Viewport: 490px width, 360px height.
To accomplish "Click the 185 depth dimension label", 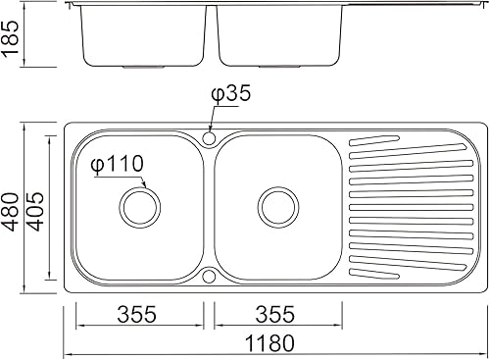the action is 11,38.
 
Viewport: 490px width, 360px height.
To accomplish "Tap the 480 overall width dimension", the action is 11,212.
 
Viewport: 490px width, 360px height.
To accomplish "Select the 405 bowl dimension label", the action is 34,212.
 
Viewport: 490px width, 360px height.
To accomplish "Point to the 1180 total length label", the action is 269,342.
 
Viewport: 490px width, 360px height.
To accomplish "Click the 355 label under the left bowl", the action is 137,314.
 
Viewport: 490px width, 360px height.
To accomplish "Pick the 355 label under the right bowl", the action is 275,314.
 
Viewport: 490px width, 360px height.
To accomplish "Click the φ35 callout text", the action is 231,93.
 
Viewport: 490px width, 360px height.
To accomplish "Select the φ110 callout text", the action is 118,163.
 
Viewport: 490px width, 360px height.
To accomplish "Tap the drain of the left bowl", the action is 140,208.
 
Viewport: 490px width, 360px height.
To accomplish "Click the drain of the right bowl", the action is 278,208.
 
